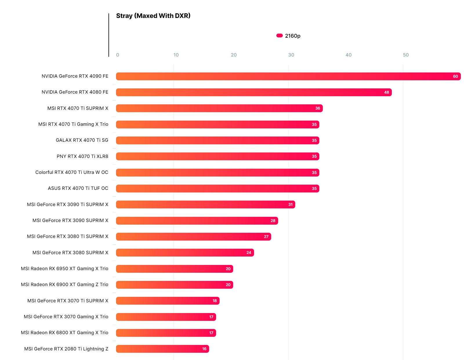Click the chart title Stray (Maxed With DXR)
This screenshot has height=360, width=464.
[153, 16]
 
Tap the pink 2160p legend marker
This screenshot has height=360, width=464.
[279, 36]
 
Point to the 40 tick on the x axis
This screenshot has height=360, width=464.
[348, 55]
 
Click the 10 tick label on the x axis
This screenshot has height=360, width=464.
[176, 55]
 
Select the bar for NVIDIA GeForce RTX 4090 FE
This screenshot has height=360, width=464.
[288, 76]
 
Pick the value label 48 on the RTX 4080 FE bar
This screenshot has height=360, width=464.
[386, 92]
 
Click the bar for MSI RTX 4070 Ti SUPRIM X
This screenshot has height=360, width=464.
[219, 108]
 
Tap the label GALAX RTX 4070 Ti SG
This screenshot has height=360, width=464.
[82, 140]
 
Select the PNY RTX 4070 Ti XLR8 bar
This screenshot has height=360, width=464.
[217, 157]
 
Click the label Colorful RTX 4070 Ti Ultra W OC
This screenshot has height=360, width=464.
[72, 172]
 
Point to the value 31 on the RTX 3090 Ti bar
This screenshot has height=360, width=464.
[290, 205]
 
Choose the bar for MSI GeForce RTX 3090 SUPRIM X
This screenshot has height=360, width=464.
[197, 221]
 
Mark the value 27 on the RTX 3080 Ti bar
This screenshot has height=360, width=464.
[266, 237]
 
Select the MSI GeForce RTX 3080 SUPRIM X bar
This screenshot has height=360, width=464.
[185, 253]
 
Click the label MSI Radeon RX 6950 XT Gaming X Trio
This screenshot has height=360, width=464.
[64, 269]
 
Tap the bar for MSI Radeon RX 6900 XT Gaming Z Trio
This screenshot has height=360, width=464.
[174, 285]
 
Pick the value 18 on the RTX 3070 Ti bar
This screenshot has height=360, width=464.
[215, 301]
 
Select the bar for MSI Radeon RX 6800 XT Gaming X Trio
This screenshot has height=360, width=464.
[166, 333]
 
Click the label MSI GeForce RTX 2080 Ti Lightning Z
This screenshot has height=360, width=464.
[66, 349]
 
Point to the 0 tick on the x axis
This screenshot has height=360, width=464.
[117, 55]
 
